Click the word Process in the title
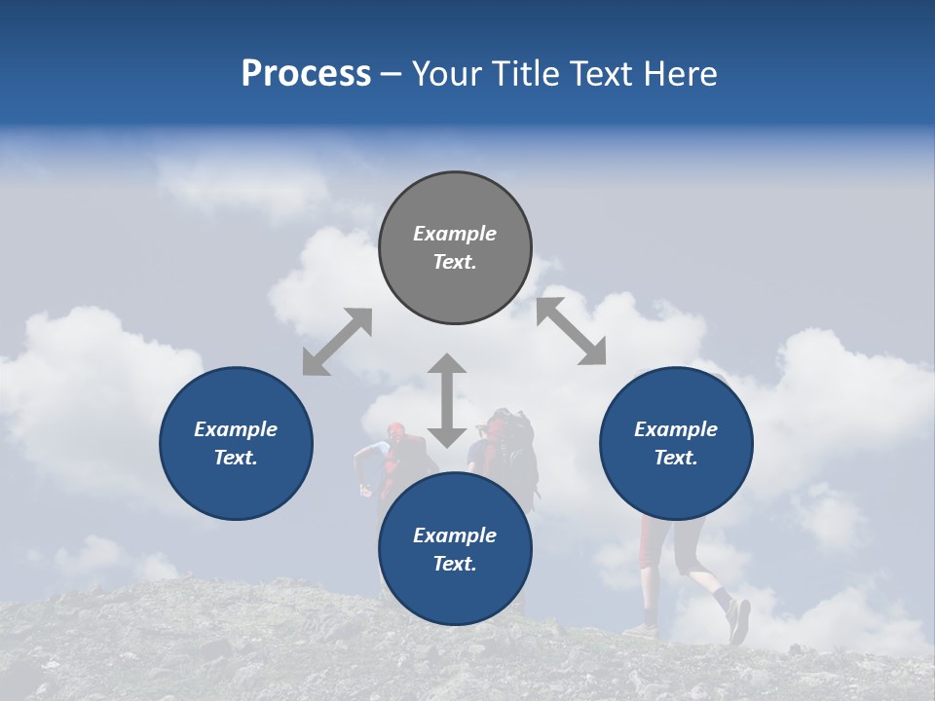pos(306,74)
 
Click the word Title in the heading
pos(522,74)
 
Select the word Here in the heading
pos(680,74)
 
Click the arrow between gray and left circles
pos(337,342)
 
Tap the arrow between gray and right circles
pos(571,331)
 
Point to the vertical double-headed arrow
pos(447,400)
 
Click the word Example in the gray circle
pos(455,234)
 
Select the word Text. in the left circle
pos(236,458)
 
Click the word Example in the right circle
pos(676,429)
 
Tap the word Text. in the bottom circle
pos(455,564)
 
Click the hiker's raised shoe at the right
pos(738,620)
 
